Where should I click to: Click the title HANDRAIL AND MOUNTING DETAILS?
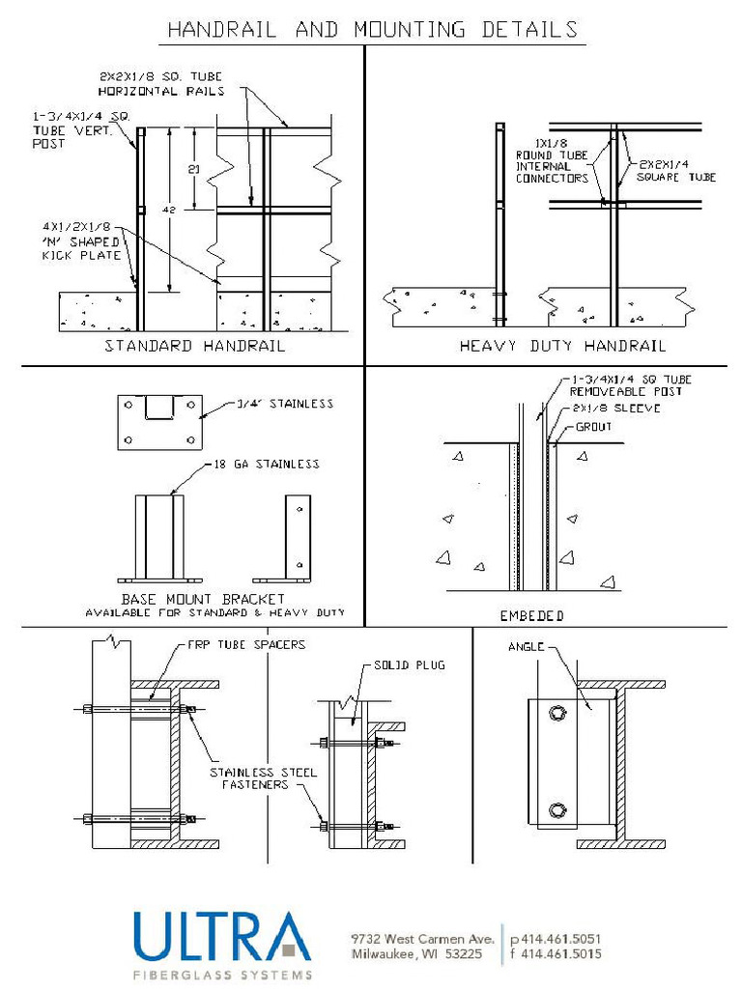point(372,30)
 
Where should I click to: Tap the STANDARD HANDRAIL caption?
point(194,346)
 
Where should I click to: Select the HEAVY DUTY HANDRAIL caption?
point(562,346)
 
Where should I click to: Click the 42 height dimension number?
point(168,209)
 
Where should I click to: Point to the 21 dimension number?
point(193,168)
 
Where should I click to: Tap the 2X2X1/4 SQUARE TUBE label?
point(676,171)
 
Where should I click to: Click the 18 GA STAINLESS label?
point(267,465)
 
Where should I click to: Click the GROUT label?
point(593,426)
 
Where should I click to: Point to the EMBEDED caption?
point(531,615)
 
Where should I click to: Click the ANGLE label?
point(527,647)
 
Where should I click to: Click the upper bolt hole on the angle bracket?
point(556,714)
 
